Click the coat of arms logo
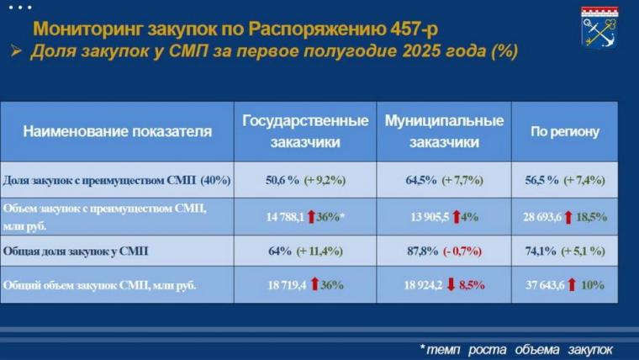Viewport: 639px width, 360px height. [599, 27]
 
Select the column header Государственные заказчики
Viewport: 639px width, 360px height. [305, 131]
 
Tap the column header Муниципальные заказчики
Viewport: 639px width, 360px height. [444, 131]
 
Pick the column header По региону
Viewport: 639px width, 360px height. [564, 132]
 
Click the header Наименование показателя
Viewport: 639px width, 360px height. [118, 132]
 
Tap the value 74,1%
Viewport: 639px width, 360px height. [543, 251]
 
